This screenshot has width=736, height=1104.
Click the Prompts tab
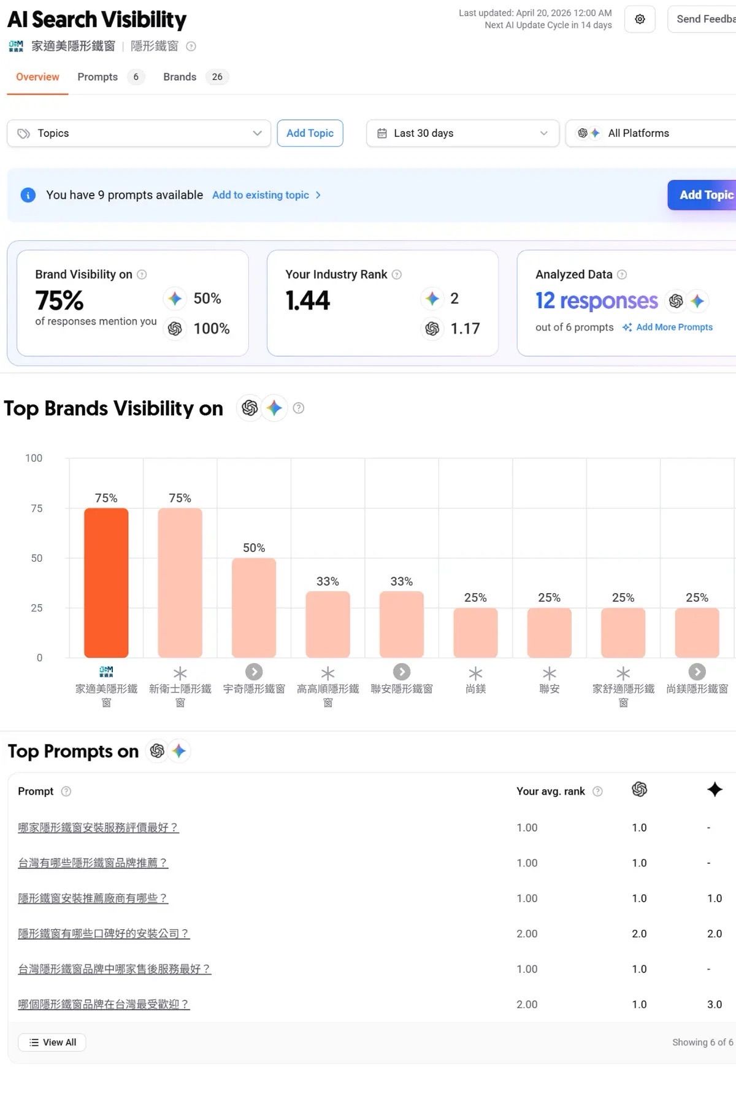pos(98,77)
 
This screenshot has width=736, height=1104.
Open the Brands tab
pos(180,77)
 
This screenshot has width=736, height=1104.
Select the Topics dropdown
pos(139,133)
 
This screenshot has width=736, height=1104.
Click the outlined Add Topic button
pos(310,133)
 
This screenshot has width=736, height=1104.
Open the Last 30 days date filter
pos(462,133)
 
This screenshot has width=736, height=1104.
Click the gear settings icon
pos(640,19)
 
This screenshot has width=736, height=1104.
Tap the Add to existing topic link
pos(261,195)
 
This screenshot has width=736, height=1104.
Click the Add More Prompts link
pos(674,327)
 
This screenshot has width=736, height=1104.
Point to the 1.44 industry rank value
pos(307,301)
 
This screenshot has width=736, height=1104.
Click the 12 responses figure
pos(596,301)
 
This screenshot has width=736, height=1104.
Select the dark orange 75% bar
pos(106,583)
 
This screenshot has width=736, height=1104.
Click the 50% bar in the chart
pos(254,608)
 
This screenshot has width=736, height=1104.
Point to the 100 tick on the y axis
pos(34,458)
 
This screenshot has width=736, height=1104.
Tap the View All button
pos(52,1042)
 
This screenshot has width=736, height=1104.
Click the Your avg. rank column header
pos(551,791)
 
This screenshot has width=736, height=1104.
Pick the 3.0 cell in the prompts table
pos(715,1004)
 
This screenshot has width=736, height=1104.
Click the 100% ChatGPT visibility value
pos(212,329)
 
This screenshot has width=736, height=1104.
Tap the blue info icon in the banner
pos(28,195)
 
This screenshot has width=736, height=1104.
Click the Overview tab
pos(37,77)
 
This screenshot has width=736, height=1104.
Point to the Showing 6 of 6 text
pos(703,1042)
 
